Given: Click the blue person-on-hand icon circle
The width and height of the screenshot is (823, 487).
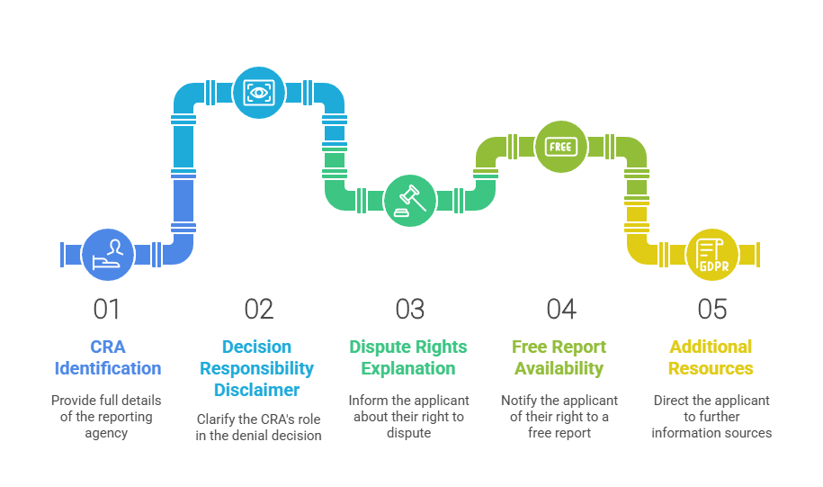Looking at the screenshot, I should click(x=108, y=254).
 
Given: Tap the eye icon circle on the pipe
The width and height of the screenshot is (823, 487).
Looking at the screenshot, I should click(x=259, y=93).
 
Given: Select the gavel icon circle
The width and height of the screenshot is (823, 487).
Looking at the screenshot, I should click(x=409, y=200).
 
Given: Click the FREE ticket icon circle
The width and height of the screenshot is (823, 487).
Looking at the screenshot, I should click(x=560, y=146).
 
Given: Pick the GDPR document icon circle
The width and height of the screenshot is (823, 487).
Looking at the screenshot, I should click(x=711, y=254).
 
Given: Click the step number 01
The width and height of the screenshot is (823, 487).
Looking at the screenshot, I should click(x=107, y=310).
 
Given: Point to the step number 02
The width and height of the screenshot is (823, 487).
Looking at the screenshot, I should click(x=258, y=310).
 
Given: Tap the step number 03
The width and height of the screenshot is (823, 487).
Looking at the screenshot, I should click(x=409, y=310).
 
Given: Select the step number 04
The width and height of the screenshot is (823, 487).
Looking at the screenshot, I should click(x=560, y=310).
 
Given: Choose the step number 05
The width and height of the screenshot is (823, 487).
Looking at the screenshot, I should click(x=711, y=310).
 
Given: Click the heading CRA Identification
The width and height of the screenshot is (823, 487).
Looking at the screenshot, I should click(x=108, y=357).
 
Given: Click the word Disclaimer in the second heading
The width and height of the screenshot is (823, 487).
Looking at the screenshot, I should click(x=258, y=390).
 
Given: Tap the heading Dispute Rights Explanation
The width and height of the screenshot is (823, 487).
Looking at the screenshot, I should click(x=408, y=357).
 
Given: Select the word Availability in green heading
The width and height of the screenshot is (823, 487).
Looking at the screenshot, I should click(x=559, y=368).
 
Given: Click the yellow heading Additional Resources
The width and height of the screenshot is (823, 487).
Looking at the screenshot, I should click(x=711, y=357).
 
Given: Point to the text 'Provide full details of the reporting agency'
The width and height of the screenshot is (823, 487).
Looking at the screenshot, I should click(x=108, y=416).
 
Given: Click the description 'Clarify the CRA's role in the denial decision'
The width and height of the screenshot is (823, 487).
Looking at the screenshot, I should click(x=258, y=428).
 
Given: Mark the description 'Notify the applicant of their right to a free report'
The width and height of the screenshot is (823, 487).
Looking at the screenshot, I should click(x=559, y=416).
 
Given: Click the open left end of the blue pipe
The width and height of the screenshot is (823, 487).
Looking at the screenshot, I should click(x=61, y=254).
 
